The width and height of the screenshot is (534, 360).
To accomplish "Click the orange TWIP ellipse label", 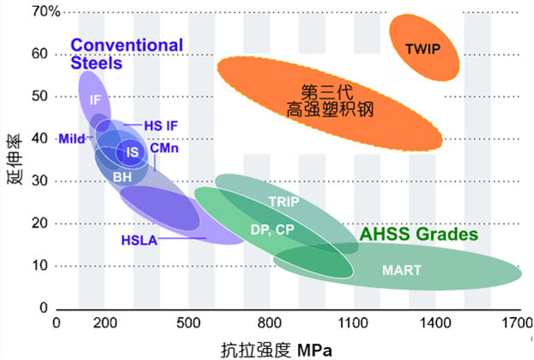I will (x=422, y=49).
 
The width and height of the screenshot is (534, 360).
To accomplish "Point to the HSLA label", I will (x=138, y=240).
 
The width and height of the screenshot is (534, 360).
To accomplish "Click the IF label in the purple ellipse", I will (x=96, y=100).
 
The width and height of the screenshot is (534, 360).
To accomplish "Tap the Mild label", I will (x=70, y=138).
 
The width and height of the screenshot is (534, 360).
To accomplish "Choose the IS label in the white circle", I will (x=132, y=152).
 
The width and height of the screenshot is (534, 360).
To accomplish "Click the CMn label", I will (x=164, y=148).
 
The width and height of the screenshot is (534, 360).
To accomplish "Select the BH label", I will (x=122, y=175).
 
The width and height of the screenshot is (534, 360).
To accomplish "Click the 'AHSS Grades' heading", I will (x=418, y=235).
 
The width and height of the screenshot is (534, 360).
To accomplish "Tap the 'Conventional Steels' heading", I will (x=127, y=53).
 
